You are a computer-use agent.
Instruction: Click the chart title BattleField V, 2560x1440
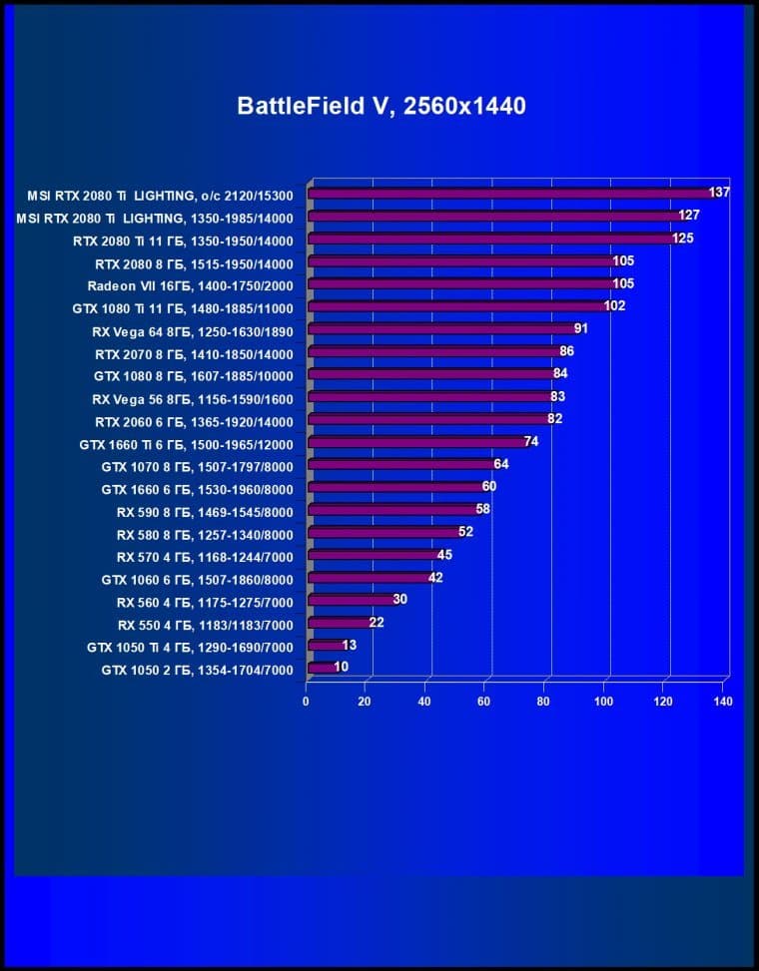point(380,107)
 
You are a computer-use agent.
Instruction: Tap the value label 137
point(719,193)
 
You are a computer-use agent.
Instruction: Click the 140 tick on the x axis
point(723,702)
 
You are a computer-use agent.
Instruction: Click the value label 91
point(581,328)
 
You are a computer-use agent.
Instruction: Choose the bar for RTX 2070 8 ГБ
point(435,351)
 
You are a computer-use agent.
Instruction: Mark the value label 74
point(531,441)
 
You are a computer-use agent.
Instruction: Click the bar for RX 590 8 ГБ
point(393,510)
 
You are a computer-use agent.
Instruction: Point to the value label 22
point(377,623)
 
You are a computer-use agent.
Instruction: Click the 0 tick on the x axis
point(307,702)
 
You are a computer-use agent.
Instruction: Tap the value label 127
point(689,216)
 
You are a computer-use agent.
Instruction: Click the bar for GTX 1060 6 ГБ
point(370,578)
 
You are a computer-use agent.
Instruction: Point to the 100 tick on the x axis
point(603,702)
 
